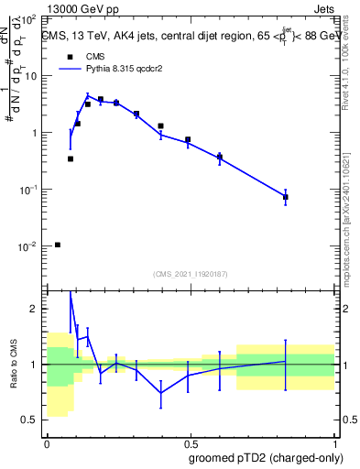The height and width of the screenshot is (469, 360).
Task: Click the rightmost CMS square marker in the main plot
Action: click(286, 197)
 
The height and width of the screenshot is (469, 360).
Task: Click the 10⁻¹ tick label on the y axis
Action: click(29, 190)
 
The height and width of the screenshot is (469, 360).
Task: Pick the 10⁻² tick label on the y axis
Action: click(29, 247)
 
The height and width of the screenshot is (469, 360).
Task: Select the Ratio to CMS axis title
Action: click(14, 365)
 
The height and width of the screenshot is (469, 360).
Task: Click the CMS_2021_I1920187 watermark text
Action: click(191, 274)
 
